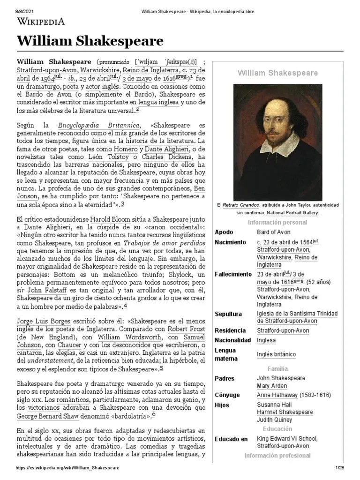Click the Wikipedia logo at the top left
(x=41, y=22)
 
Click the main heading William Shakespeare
(x=90, y=42)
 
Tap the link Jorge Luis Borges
(x=43, y=322)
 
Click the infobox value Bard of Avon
(x=273, y=232)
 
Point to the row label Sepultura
(x=228, y=314)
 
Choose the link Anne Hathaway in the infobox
(x=279, y=395)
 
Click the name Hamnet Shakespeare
(x=285, y=412)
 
